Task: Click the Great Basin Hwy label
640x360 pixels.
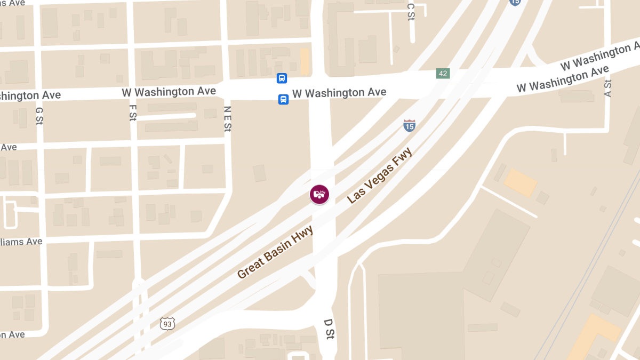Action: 275,252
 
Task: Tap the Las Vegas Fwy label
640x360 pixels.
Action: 380,176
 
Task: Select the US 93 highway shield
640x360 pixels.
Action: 167,323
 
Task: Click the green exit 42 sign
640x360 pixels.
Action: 443,73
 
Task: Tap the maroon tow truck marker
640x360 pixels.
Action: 319,194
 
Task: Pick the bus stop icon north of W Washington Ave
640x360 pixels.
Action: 282,78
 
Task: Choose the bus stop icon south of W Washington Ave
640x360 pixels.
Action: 283,99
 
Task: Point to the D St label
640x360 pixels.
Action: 329,331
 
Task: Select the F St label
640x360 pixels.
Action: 133,113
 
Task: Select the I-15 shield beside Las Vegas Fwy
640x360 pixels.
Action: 409,126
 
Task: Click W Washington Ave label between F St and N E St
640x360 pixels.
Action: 169,92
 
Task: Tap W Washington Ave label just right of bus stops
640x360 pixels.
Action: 339,93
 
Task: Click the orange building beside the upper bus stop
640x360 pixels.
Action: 305,62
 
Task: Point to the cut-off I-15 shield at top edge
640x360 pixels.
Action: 514,2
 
